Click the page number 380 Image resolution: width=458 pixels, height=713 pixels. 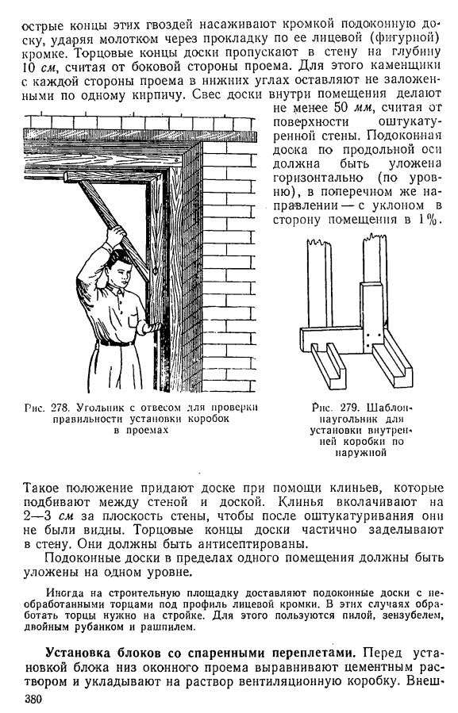click(x=33, y=700)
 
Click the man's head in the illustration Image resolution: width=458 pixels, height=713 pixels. click(x=119, y=268)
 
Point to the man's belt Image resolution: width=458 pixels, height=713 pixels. click(x=117, y=343)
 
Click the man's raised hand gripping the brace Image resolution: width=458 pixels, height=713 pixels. click(x=115, y=236)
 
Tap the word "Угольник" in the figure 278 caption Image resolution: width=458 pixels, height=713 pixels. click(x=97, y=408)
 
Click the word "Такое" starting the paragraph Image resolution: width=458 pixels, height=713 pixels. click(x=41, y=489)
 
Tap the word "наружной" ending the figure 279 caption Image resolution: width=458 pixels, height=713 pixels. click(x=361, y=452)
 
